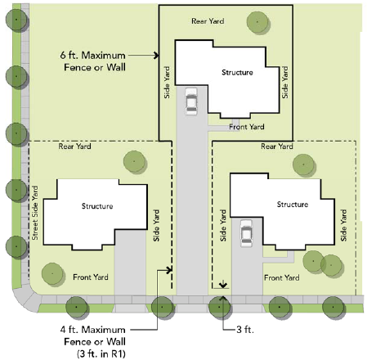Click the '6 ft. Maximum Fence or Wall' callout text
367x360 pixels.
click(x=93, y=61)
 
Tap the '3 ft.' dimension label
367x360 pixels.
click(x=245, y=330)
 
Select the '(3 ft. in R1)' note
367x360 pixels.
click(x=101, y=353)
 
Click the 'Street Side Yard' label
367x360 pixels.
click(x=35, y=213)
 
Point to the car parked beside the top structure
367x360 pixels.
click(x=191, y=101)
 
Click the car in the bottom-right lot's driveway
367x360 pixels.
click(x=246, y=233)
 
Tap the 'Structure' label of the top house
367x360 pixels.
click(x=237, y=72)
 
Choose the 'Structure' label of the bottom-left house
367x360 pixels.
click(x=97, y=206)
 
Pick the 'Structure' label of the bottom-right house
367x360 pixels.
click(x=293, y=205)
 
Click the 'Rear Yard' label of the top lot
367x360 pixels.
click(x=208, y=21)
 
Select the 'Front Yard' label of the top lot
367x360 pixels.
click(x=247, y=127)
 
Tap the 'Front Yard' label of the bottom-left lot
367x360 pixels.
click(x=91, y=277)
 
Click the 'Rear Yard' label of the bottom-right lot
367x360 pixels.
click(x=277, y=146)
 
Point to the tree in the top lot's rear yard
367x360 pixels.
click(x=258, y=22)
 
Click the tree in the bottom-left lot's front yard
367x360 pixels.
click(x=53, y=274)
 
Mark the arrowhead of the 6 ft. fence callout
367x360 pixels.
click(x=156, y=56)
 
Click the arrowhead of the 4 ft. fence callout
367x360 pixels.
click(x=169, y=270)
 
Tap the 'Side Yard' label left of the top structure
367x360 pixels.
click(x=167, y=83)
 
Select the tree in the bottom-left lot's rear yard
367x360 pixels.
click(x=135, y=162)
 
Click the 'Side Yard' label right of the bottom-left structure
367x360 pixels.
click(x=156, y=225)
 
